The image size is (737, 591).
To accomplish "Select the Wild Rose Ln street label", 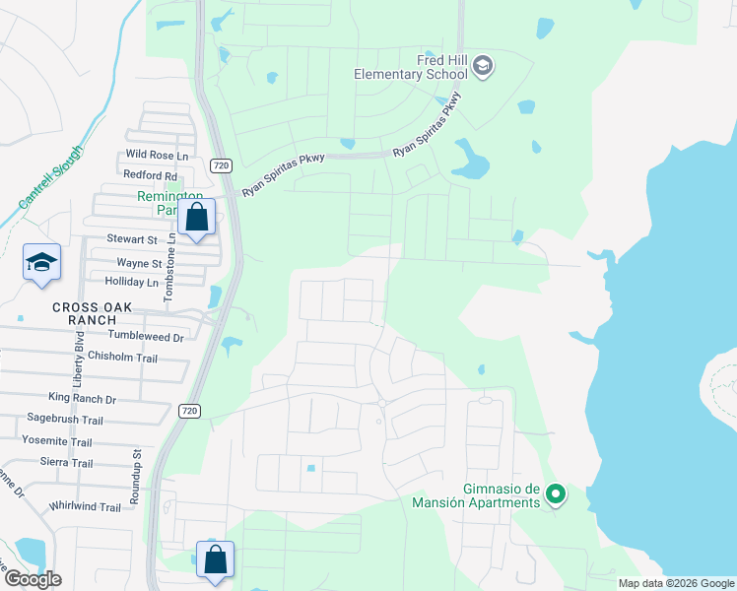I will (x=156, y=156).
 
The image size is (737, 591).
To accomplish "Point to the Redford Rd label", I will (x=150, y=174).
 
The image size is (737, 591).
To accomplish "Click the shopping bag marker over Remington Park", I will (x=197, y=218).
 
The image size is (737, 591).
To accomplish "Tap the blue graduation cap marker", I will (x=41, y=263).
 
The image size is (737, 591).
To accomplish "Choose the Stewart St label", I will (x=132, y=239).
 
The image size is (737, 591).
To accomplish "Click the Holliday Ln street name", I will (x=131, y=282).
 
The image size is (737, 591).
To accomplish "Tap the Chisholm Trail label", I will (x=122, y=357).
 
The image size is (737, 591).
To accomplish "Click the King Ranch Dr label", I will (x=83, y=399).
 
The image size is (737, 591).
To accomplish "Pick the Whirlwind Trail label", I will (x=85, y=506).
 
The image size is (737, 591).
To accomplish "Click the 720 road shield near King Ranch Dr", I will (x=190, y=410).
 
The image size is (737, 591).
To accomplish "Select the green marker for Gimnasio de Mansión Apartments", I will (x=556, y=494).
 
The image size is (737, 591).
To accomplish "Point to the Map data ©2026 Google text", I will (x=676, y=583).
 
